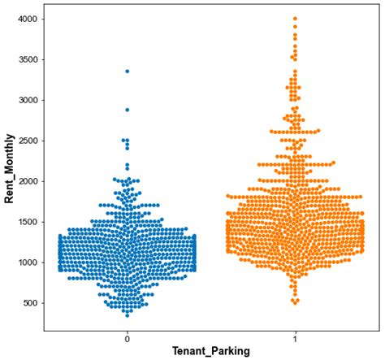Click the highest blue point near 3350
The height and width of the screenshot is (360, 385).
coord(128,72)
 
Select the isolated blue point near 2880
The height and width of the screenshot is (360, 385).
coord(128,110)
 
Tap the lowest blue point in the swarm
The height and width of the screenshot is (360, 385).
coord(128,314)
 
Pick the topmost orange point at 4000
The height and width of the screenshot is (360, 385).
coord(295,19)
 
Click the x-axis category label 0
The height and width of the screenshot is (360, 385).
coord(128,338)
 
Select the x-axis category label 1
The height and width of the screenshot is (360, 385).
coord(295,338)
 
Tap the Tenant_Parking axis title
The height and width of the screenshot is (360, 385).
coord(211,352)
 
